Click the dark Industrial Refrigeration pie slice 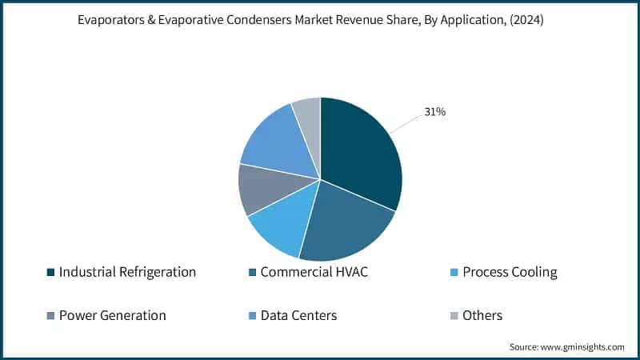pyautogui.click(x=360, y=152)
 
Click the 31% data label pyautogui.click(x=435, y=112)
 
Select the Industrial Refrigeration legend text pyautogui.click(x=127, y=272)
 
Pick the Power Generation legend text pyautogui.click(x=112, y=315)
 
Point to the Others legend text pyautogui.click(x=482, y=315)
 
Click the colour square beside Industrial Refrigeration pyautogui.click(x=51, y=273)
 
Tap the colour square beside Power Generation pyautogui.click(x=51, y=316)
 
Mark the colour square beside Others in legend pyautogui.click(x=452, y=316)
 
